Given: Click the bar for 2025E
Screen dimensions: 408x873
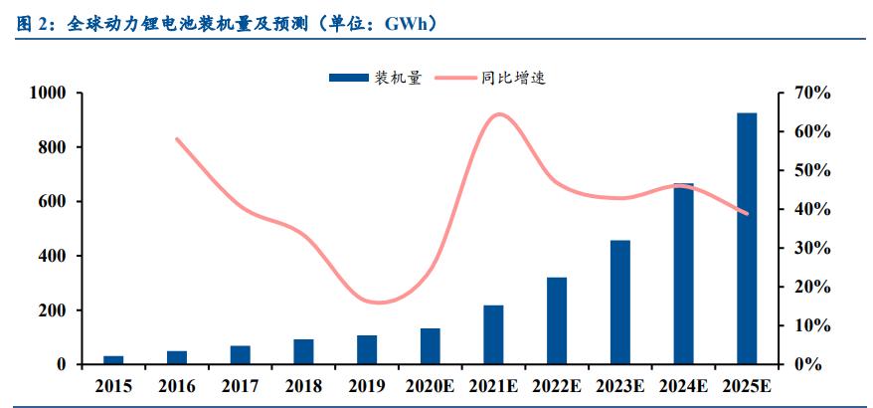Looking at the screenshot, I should coord(747,239).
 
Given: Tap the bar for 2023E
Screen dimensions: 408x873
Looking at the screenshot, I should coord(619,303).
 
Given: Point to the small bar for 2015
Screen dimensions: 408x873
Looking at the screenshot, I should coord(113,360).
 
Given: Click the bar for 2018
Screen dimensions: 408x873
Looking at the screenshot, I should coord(303,352).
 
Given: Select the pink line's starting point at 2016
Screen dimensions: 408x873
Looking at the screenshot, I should coord(177,139).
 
